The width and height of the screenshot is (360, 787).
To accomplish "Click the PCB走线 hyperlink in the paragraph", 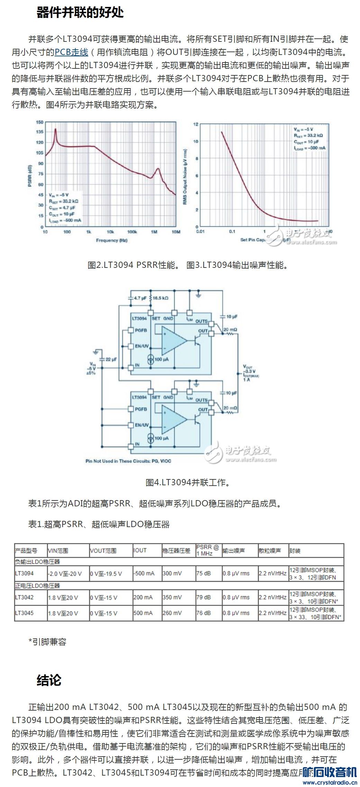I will [x=72, y=52].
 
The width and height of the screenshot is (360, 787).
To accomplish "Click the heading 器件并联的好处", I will [x=80, y=12].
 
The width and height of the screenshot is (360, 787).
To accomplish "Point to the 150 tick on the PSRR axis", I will [x=40, y=122].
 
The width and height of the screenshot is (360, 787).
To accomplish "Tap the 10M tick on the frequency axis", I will [x=176, y=232].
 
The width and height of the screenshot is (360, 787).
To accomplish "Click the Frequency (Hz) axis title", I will [x=111, y=240].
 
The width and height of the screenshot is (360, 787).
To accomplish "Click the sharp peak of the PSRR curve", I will [x=55, y=129].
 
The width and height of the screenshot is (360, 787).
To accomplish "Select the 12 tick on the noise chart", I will [x=196, y=124].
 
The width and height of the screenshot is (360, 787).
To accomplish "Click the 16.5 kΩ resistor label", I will [x=160, y=298].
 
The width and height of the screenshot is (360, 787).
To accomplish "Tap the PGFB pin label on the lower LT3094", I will [x=141, y=409].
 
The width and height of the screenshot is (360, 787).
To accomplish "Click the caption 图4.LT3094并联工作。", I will [x=188, y=482].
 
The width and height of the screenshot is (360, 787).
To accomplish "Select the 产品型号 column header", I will [x=26, y=551].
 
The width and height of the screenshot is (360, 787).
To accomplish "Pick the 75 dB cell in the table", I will [x=203, y=573].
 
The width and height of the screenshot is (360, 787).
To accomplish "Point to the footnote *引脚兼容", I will [x=47, y=642].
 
